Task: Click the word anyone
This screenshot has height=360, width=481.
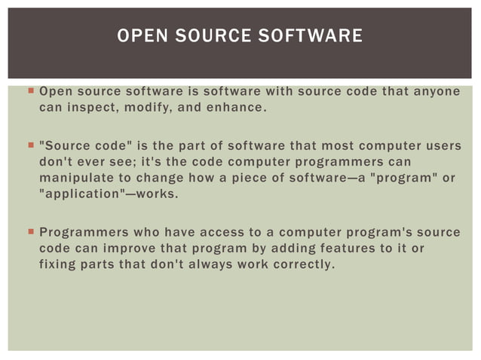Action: pyautogui.click(x=436, y=93)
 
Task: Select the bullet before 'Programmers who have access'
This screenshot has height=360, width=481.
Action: pyautogui.click(x=29, y=232)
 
